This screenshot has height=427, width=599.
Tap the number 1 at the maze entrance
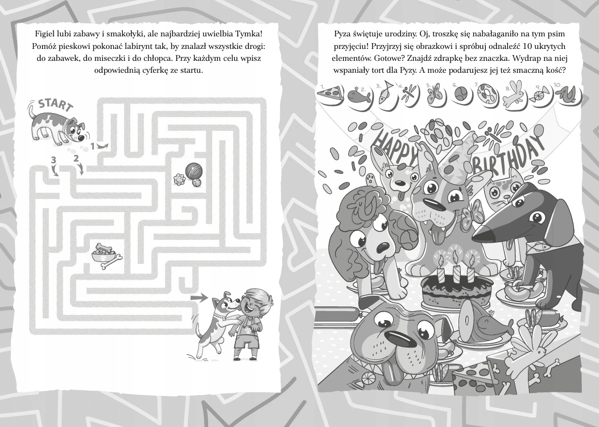(92, 146)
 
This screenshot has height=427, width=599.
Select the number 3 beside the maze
(53, 160)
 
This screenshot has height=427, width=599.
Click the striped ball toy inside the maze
(192, 170)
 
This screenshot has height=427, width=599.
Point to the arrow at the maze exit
(199, 296)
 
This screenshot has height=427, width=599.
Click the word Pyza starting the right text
(342, 34)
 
